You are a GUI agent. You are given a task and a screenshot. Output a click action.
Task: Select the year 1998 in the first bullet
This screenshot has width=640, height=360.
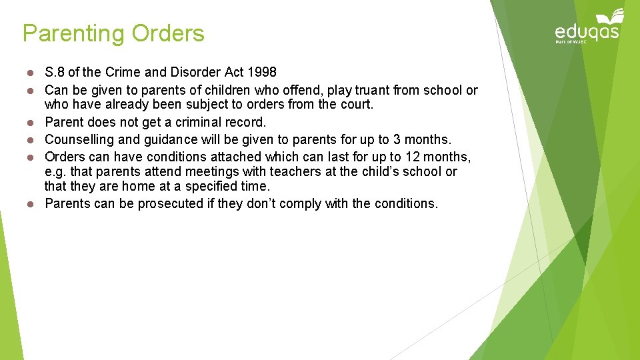(x=262, y=72)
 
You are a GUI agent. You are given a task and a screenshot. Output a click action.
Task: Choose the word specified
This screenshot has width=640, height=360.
(x=197, y=187)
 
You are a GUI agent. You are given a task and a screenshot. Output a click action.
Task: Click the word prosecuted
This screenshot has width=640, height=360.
(x=169, y=203)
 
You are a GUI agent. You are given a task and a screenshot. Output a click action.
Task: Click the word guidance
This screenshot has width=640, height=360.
(x=171, y=140)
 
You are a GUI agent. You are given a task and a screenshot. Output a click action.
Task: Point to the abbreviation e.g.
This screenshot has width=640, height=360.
(x=55, y=172)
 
